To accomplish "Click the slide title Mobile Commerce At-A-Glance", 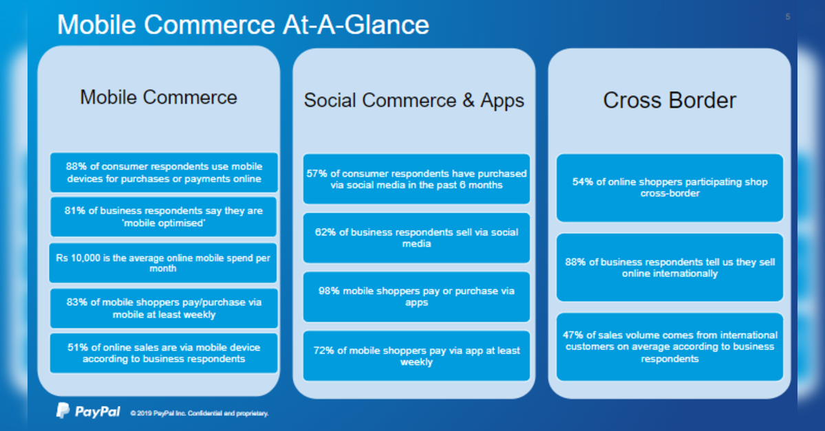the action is pyautogui.click(x=243, y=25).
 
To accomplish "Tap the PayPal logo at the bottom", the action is pyautogui.click(x=88, y=411).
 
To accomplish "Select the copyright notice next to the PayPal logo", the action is pyautogui.click(x=200, y=413).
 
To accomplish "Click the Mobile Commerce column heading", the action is pyautogui.click(x=158, y=97).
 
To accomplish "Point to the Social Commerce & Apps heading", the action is pyautogui.click(x=414, y=100).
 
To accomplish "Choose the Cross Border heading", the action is pyautogui.click(x=669, y=100).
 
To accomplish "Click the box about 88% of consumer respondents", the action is pyautogui.click(x=164, y=173).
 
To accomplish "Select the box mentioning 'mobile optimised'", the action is pyautogui.click(x=164, y=217).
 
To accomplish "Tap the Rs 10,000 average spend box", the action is pyautogui.click(x=163, y=263).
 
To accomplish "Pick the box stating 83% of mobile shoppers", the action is pyautogui.click(x=164, y=308).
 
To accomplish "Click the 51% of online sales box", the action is pyautogui.click(x=164, y=353).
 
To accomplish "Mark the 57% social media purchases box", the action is pyautogui.click(x=417, y=179).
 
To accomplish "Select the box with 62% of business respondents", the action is pyautogui.click(x=417, y=238).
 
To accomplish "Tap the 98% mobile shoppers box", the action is pyautogui.click(x=417, y=296).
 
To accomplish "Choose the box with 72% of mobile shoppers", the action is pyautogui.click(x=417, y=356).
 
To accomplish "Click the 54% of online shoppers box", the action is pyautogui.click(x=669, y=188).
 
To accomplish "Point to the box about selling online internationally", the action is pyautogui.click(x=669, y=267).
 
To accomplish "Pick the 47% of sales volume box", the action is pyautogui.click(x=669, y=347).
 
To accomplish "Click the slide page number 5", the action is pyautogui.click(x=788, y=16).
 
